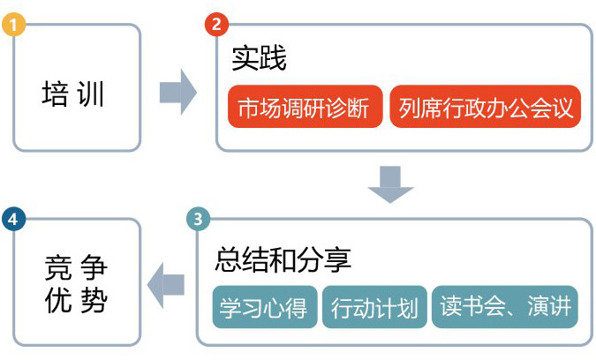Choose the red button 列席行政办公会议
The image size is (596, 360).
[485, 107]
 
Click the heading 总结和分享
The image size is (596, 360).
[283, 259]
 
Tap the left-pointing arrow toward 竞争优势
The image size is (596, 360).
[166, 284]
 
